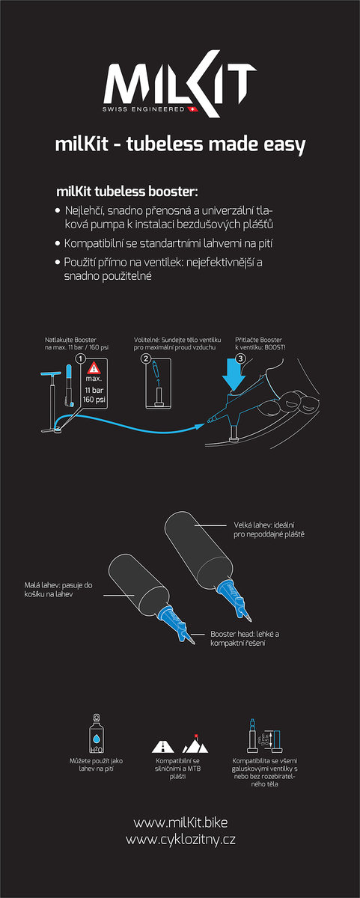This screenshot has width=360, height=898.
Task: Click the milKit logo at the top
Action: tap(180, 84)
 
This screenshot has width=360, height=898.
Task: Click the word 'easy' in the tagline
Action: tap(284, 144)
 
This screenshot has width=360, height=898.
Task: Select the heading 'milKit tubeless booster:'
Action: tap(127, 192)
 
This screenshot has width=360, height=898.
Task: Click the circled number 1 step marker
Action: tap(81, 358)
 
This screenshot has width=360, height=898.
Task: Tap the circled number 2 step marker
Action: tap(146, 358)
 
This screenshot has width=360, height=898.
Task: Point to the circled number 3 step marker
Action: tap(240, 358)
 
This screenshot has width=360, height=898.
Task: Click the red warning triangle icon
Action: tap(94, 367)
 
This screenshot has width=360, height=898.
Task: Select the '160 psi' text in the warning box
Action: tap(94, 400)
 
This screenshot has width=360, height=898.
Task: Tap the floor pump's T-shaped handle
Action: tap(51, 373)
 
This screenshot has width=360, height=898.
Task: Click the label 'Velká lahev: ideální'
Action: tap(264, 525)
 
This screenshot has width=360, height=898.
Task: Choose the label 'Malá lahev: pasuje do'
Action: tap(58, 585)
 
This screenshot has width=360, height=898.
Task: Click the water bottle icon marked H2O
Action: tap(97, 733)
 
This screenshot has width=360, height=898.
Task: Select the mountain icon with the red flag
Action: tap(195, 744)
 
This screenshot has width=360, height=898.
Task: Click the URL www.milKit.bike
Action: tap(180, 822)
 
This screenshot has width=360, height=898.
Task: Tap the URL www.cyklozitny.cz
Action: tap(180, 840)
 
